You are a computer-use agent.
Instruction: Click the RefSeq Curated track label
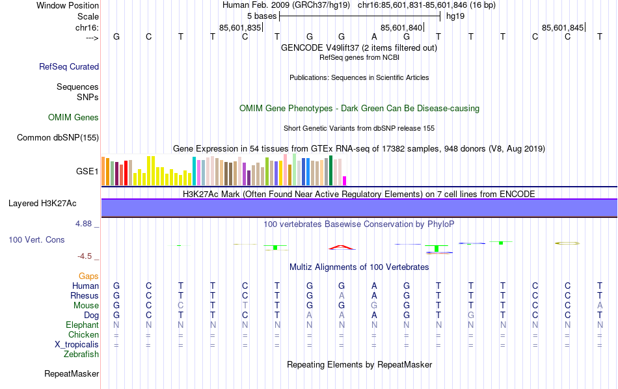(69, 66)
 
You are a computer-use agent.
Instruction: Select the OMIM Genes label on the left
(74, 118)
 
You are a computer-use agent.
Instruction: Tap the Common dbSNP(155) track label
(58, 137)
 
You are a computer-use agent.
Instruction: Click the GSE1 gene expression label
(87, 172)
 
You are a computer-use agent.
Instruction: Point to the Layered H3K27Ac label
(42, 203)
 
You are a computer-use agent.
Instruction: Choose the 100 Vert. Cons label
(36, 240)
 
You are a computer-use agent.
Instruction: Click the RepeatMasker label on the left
(72, 374)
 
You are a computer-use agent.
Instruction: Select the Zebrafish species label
(81, 355)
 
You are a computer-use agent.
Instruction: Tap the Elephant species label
(82, 325)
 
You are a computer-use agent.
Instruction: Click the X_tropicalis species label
(77, 344)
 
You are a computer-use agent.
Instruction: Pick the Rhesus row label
(85, 296)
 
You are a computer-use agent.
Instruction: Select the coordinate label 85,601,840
(401, 27)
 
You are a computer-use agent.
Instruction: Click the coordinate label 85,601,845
(563, 27)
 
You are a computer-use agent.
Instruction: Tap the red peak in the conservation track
(342, 247)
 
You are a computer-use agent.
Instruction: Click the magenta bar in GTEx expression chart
(345, 180)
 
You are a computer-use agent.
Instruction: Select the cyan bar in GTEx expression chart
(194, 170)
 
